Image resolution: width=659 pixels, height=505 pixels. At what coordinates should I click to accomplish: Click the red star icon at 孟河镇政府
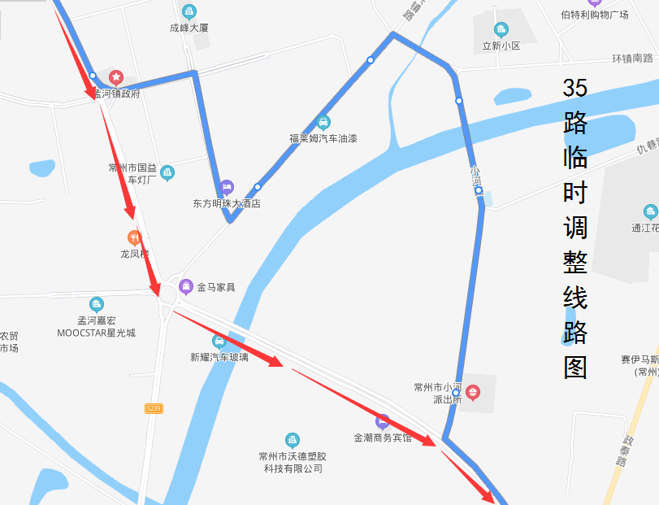point(115,77)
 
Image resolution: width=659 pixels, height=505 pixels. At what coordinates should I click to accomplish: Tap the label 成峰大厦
point(189,27)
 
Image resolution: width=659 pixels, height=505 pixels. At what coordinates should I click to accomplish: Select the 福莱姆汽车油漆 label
point(323,138)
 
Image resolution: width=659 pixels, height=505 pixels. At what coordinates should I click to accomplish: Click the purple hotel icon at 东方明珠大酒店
point(227,187)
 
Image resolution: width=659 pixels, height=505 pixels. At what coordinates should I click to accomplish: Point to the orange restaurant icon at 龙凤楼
point(135,237)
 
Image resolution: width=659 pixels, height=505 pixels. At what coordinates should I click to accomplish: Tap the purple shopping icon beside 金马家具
point(186,286)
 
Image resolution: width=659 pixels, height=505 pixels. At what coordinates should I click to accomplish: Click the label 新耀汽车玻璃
point(219,357)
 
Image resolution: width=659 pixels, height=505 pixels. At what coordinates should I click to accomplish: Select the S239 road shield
point(154,407)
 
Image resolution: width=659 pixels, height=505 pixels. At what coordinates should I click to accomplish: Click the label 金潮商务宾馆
point(382,438)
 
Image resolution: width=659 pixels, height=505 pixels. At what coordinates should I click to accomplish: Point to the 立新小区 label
point(501,46)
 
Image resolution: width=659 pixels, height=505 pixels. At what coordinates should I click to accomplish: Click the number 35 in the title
point(574,88)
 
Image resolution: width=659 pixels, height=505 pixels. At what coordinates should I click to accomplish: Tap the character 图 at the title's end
point(574,368)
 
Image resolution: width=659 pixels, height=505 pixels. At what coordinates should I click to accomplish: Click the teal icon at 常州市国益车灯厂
point(167,172)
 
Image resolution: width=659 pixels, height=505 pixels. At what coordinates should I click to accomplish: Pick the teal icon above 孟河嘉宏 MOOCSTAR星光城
point(97,304)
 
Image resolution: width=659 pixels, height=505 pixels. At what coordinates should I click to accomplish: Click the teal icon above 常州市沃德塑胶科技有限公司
point(292,440)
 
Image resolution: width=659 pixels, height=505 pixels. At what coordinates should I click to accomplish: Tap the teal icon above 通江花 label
point(649,211)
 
